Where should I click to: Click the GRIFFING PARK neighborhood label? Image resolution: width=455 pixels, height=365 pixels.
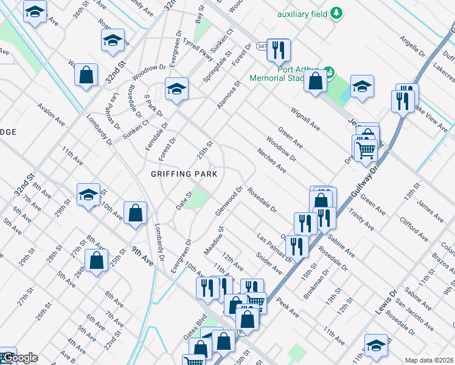click(x=184, y=174)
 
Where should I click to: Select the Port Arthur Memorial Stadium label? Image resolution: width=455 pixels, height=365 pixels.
click(x=301, y=73)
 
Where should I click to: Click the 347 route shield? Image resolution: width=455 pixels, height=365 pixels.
click(x=262, y=46)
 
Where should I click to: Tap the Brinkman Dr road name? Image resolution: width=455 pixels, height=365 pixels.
click(x=317, y=286)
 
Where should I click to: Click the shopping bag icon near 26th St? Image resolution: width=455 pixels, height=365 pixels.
click(x=97, y=260)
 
